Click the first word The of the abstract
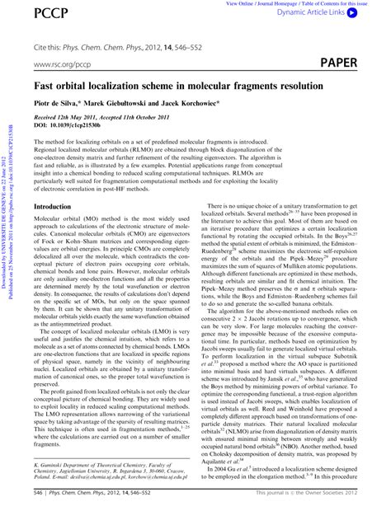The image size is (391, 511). (39, 142)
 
